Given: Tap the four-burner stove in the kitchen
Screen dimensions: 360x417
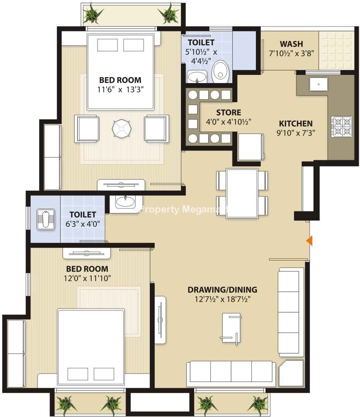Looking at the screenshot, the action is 342,127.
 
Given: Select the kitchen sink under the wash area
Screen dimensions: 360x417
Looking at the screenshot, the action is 319,84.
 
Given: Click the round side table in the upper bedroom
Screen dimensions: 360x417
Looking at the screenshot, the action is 121,129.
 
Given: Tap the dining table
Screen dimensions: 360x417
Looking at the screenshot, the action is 242,193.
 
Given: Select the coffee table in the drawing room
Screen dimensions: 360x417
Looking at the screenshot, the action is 231,329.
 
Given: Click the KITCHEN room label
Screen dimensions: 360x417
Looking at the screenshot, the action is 296,124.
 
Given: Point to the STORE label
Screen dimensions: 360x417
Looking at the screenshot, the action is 229,113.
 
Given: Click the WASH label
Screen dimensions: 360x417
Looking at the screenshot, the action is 291,44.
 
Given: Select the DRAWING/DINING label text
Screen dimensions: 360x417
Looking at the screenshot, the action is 222,290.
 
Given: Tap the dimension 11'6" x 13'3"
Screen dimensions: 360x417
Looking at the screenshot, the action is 120,89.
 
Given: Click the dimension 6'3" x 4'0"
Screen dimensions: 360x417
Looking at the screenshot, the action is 83,224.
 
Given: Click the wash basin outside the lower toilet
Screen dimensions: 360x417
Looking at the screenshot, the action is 125,202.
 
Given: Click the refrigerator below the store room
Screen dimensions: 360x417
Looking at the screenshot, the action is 251,147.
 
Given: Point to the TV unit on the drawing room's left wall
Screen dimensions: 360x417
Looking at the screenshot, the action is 160,320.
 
